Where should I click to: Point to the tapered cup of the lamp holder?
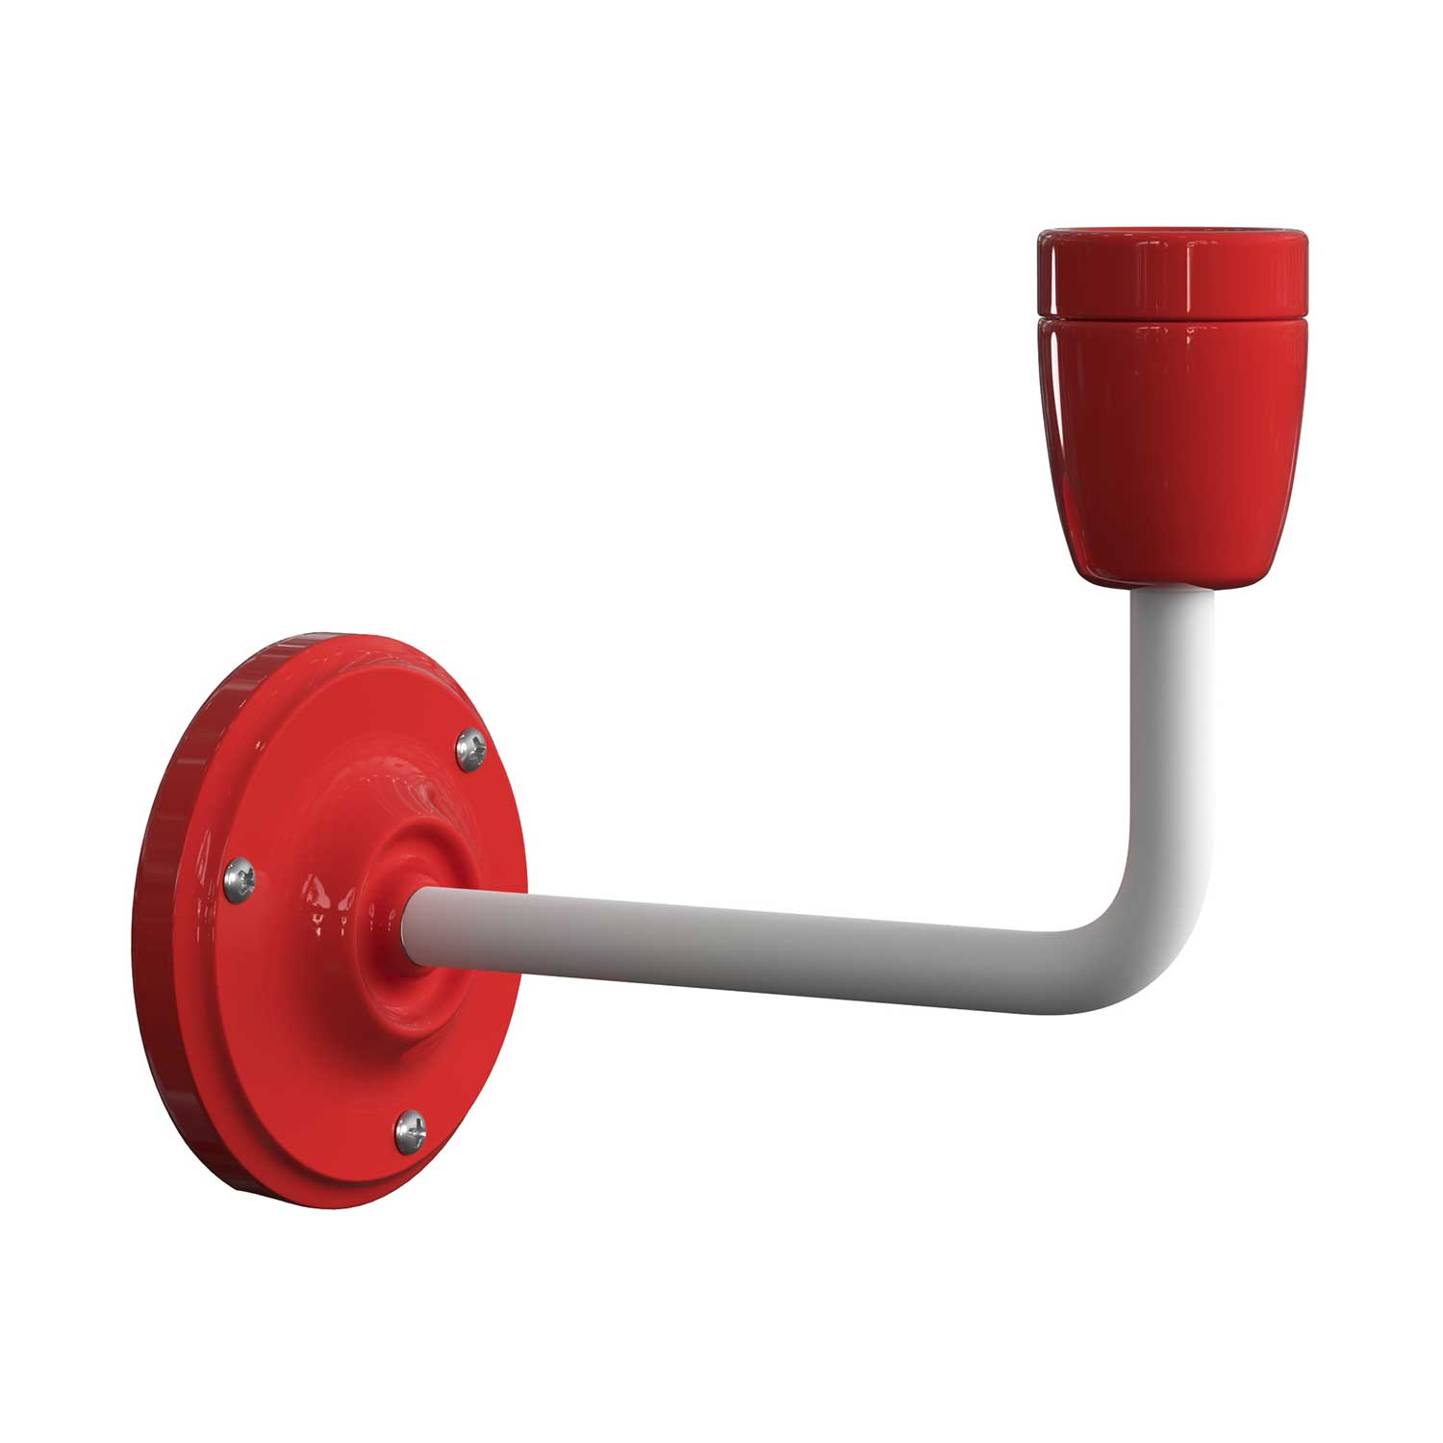pos(1172,443)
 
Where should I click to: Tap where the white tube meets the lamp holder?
pos(1172,589)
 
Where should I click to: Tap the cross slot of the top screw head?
pos(471,747)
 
